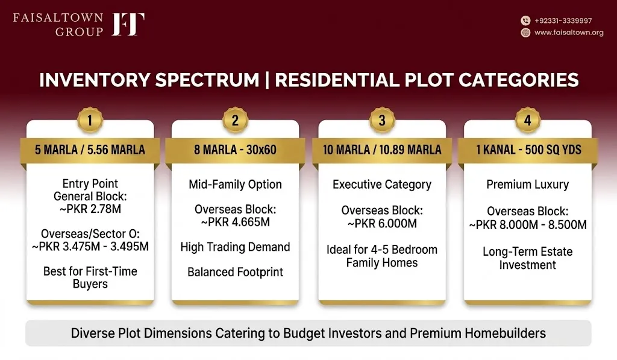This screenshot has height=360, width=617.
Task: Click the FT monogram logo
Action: [x=128, y=24]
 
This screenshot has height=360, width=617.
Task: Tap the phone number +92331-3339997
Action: [x=563, y=21]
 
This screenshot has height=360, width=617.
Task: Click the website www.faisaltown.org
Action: [x=569, y=33]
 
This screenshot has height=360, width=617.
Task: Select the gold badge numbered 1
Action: [x=90, y=120]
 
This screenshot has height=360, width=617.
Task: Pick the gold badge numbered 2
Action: [x=236, y=120]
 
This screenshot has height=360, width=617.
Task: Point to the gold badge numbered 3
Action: [x=382, y=120]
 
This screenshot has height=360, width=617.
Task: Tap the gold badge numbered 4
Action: [x=528, y=120]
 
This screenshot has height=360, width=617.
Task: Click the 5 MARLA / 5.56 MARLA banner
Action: [x=90, y=150]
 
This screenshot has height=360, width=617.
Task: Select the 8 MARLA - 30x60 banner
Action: [x=236, y=150]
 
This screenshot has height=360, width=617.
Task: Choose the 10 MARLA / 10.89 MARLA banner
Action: [x=382, y=150]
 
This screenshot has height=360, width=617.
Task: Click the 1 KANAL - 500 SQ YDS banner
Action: [x=528, y=150]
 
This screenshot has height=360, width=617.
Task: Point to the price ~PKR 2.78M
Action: [x=90, y=209]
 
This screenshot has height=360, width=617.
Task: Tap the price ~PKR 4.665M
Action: [x=236, y=222]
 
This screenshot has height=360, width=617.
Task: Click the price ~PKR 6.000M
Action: [x=382, y=224]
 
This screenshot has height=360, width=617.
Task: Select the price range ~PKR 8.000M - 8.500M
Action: [x=528, y=225]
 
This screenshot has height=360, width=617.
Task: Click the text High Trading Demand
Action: [x=236, y=247]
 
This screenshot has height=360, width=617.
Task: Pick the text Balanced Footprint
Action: [x=236, y=272]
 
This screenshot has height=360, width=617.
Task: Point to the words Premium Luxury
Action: [x=528, y=185]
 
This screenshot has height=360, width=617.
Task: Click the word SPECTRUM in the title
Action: [x=207, y=80]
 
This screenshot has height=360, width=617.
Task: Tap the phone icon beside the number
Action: [x=525, y=21]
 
